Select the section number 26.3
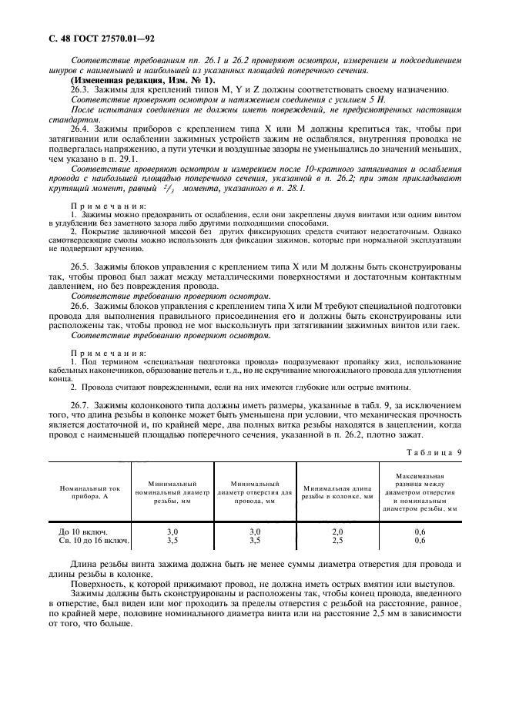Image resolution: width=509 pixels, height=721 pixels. (80, 90)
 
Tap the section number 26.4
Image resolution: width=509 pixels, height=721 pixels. (80, 128)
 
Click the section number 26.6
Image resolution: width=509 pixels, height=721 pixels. (80, 306)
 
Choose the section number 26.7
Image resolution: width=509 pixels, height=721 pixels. (80, 403)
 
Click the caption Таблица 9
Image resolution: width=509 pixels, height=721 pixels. (434, 452)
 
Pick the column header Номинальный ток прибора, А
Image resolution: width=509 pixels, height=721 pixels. (91, 493)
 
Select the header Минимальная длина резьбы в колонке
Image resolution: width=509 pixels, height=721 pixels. (337, 493)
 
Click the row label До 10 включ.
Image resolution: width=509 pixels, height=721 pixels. (83, 532)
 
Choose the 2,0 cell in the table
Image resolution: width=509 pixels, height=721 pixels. (337, 532)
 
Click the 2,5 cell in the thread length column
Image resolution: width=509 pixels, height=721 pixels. (337, 541)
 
